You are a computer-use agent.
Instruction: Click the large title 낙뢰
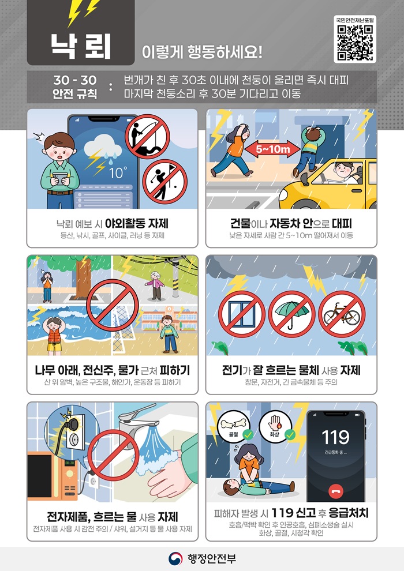pos(80,46)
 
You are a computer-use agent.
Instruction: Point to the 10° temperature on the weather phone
pos(118,172)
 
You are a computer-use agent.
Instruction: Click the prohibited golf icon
pos(164,182)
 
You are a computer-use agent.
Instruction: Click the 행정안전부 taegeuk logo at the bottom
pos(175,558)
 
